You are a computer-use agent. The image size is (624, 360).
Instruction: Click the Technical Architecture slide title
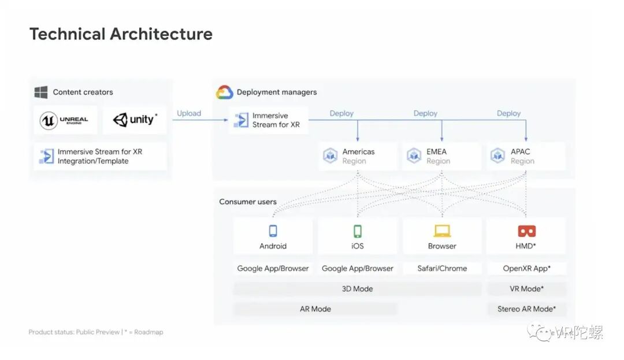pos(121,34)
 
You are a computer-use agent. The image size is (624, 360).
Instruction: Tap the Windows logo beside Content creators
pos(40,92)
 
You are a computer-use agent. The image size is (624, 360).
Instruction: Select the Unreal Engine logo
pos(64,120)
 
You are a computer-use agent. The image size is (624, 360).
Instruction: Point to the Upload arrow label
pos(189,113)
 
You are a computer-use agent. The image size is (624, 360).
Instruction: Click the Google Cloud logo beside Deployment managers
pos(224,92)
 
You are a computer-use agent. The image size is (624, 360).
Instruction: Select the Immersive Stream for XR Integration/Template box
pos(100,156)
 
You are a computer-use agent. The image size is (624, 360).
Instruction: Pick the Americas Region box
pos(358,156)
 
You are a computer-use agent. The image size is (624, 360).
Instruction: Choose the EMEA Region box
pos(442,156)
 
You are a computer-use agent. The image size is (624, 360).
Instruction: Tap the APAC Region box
pos(526,156)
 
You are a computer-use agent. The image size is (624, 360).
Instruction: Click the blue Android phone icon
pos(273,231)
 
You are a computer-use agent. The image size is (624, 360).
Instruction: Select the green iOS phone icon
pos(358,231)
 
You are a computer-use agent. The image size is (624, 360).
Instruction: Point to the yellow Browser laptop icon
pos(442,231)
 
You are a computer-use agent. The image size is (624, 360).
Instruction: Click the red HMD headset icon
pos(526,231)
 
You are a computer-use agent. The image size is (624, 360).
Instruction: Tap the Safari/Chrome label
pos(442,268)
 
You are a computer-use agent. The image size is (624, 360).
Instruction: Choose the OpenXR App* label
pos(526,268)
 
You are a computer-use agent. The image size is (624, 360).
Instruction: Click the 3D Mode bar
pos(357,288)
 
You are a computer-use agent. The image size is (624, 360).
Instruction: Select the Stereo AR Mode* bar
pos(526,309)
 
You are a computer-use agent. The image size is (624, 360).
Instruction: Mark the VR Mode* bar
pos(526,288)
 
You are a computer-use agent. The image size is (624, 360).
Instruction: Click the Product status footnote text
pos(96,332)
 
